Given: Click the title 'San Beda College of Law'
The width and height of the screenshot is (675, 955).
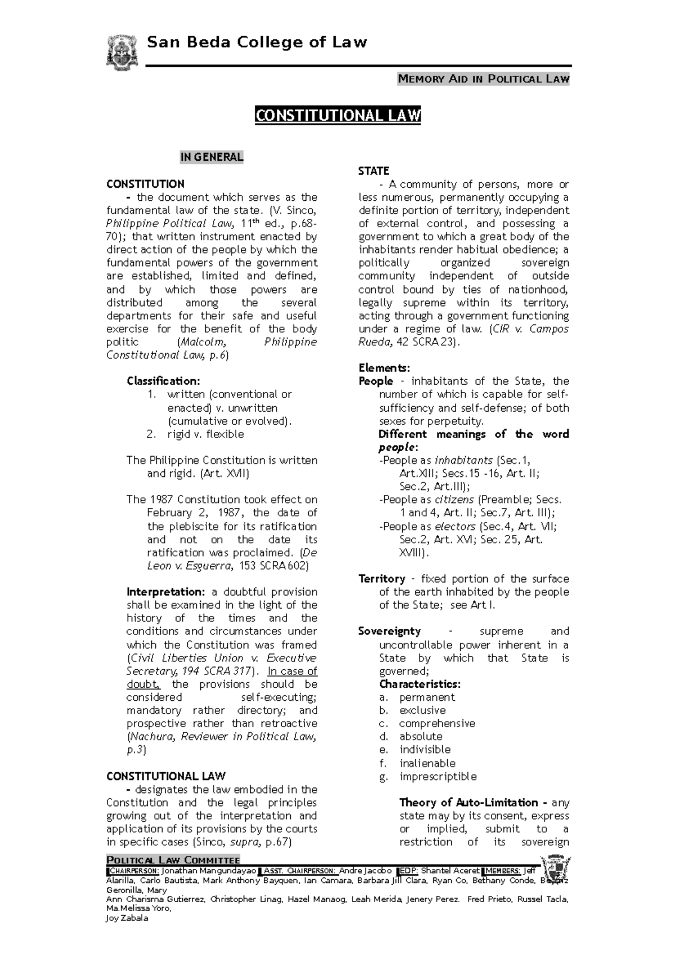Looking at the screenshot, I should [x=256, y=42].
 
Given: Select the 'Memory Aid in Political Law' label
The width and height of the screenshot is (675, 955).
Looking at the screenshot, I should [x=484, y=79].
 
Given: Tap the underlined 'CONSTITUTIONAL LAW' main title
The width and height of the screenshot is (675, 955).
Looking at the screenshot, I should [x=337, y=116].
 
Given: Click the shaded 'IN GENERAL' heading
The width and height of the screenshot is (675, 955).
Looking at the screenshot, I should [x=211, y=157].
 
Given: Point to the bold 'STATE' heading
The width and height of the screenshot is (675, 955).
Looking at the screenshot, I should [x=373, y=171].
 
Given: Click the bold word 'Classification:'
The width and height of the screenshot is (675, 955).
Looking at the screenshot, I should [x=163, y=381].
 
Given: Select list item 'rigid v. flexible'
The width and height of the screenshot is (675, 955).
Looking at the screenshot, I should [x=205, y=434].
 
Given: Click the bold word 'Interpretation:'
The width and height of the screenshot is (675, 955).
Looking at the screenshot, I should [x=166, y=592].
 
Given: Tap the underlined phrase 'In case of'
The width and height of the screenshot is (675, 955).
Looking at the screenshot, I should [x=292, y=671].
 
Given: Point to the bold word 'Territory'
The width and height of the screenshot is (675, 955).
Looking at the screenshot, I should [x=381, y=579].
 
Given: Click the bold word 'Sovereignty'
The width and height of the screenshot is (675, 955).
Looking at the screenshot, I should [x=389, y=632].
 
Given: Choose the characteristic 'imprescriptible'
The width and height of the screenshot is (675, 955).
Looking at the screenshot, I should [x=438, y=777].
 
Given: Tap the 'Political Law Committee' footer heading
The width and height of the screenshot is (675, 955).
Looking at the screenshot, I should [x=173, y=860].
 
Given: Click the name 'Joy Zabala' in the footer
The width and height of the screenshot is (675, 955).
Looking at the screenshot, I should [x=127, y=918].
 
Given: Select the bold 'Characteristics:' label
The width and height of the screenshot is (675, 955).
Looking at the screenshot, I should [x=420, y=684].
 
